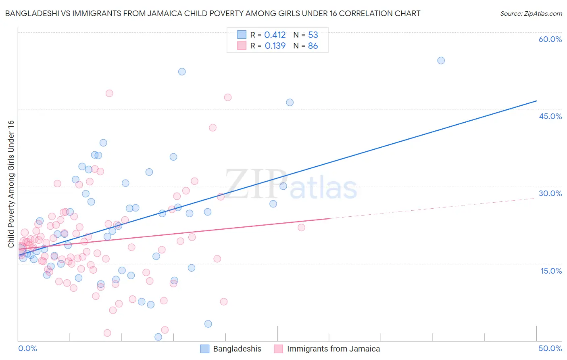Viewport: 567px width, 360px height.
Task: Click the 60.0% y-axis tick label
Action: [x=550, y=39]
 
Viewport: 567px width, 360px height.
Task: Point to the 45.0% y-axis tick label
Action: [x=550, y=116]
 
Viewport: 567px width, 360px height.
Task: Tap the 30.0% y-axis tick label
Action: [x=550, y=193]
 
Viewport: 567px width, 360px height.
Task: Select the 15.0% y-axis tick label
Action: [x=551, y=270]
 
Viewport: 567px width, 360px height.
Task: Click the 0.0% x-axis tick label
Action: [x=27, y=348]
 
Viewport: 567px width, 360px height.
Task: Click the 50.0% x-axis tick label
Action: [x=550, y=348]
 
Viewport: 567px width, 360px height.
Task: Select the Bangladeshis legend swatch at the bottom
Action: [x=205, y=349]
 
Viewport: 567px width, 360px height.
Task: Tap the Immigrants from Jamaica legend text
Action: [x=333, y=349]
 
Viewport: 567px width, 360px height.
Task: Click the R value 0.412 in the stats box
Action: [x=275, y=35]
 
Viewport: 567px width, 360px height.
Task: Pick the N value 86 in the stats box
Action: [x=313, y=46]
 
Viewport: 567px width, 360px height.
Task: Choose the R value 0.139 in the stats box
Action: [x=275, y=46]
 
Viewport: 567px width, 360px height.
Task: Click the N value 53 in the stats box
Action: [x=313, y=35]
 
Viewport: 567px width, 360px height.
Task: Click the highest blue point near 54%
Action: [x=441, y=61]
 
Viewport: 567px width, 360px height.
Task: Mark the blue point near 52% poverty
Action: [x=182, y=71]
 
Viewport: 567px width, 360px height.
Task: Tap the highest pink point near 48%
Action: [x=109, y=93]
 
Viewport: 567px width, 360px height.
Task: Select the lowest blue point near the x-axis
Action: [x=158, y=337]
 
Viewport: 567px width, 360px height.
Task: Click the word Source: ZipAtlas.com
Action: [x=531, y=14]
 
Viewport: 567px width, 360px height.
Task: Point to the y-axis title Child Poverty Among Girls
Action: [x=11, y=184]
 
